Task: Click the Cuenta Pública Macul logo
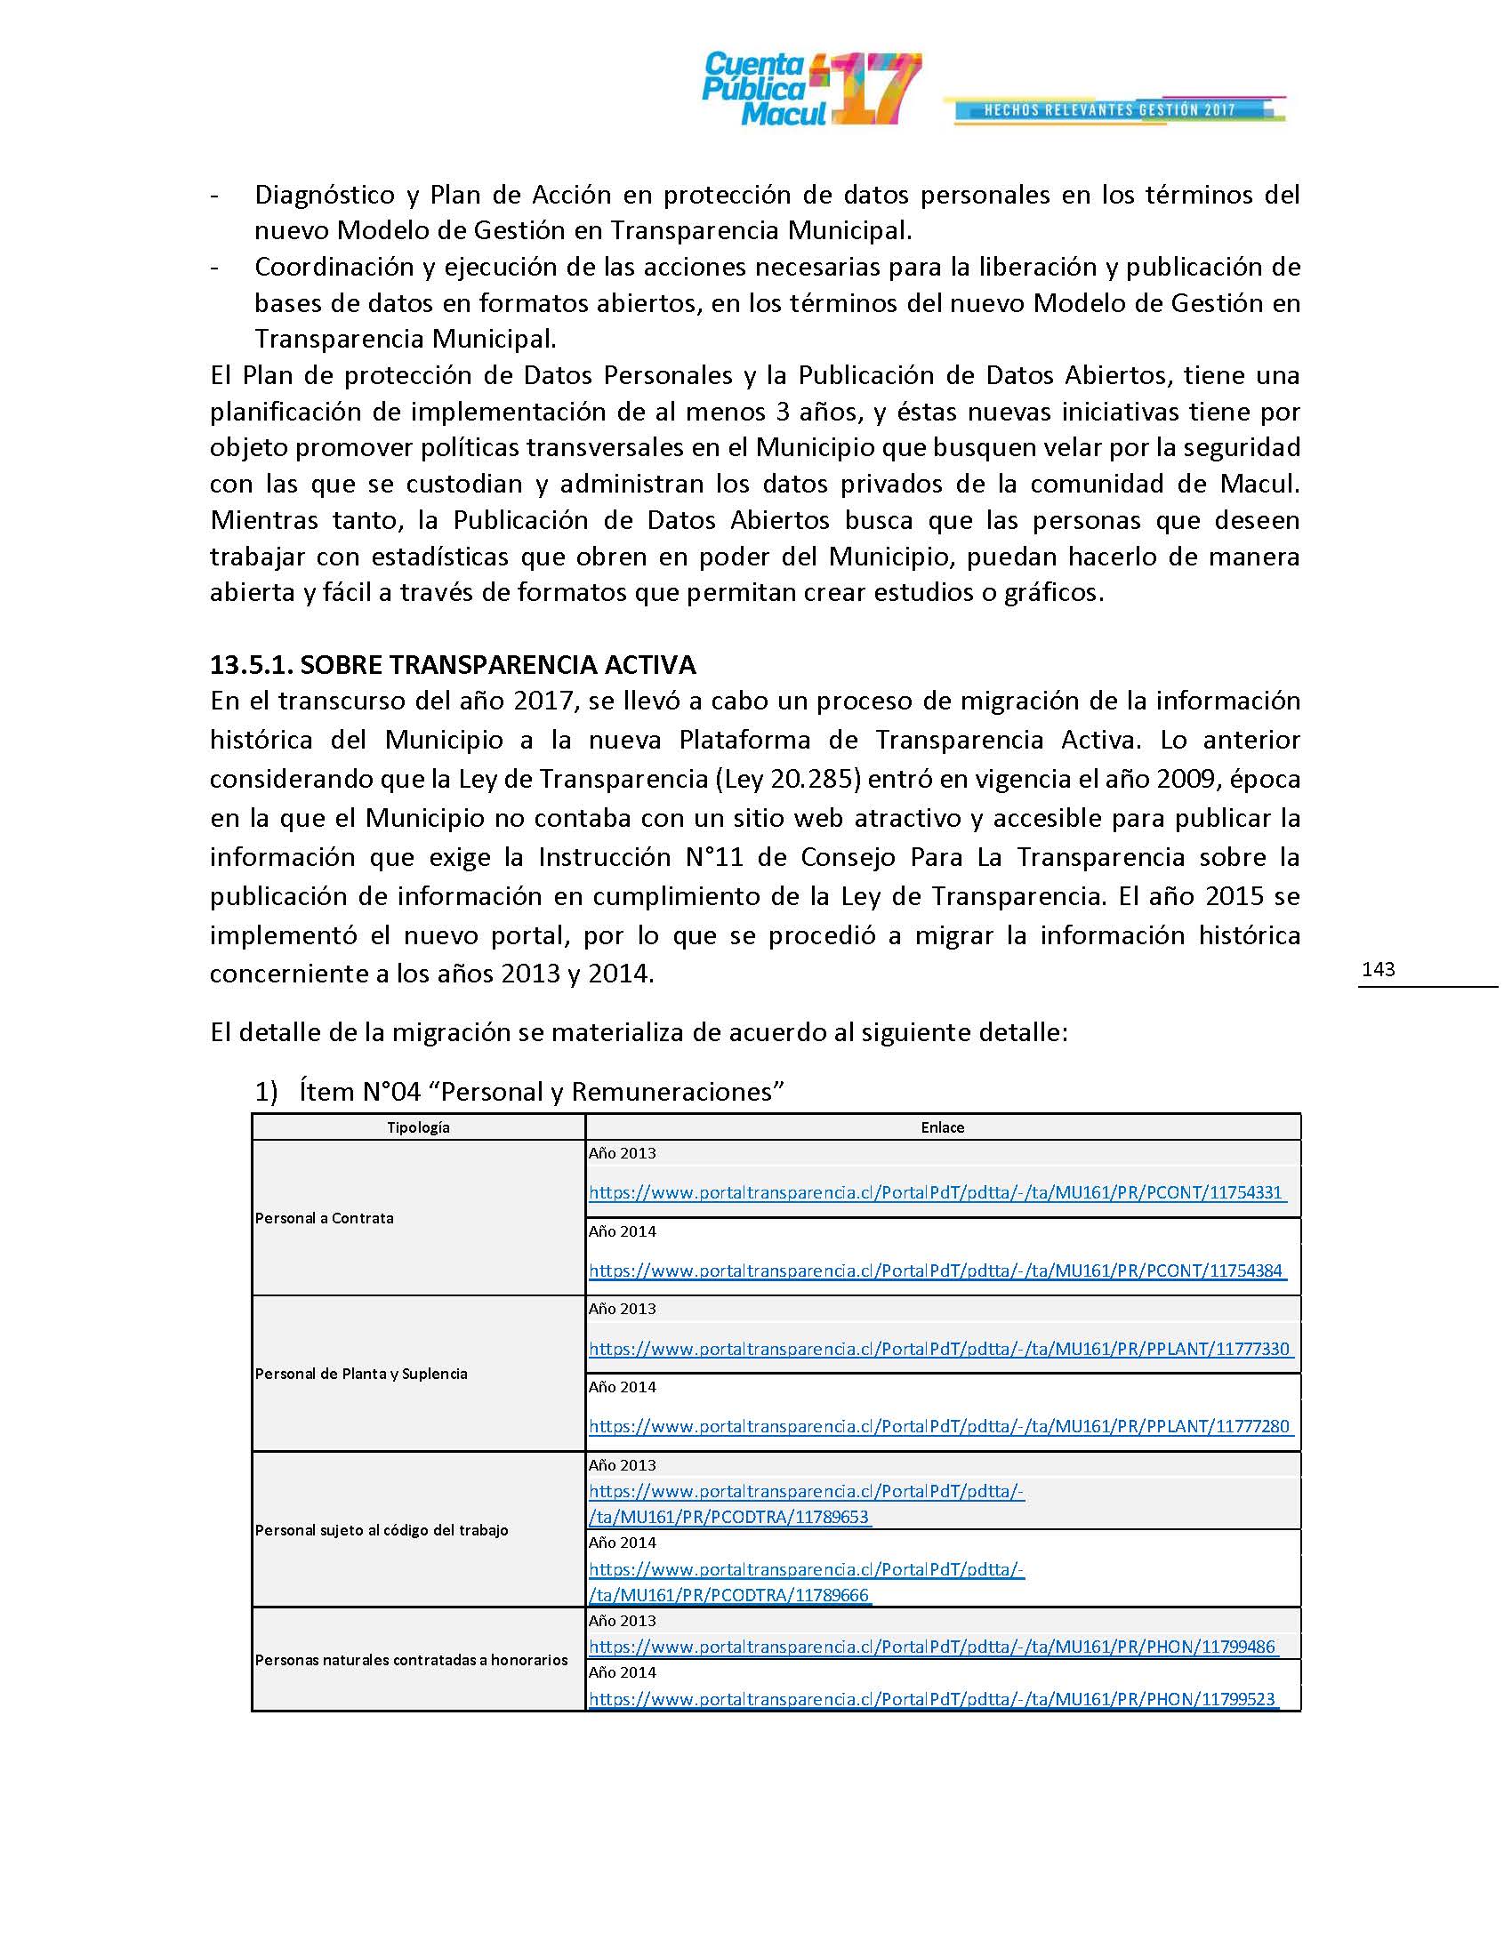[x=810, y=90]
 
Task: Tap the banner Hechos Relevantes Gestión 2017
[x=1110, y=110]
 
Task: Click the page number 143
[x=1378, y=969]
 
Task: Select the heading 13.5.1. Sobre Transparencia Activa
[x=454, y=664]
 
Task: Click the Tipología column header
[x=418, y=1127]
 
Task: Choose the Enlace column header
[x=942, y=1127]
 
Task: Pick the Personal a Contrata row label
[x=326, y=1218]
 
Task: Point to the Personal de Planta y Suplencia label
[x=362, y=1374]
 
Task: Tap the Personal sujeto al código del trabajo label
[x=382, y=1530]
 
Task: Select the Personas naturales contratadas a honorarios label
[x=412, y=1660]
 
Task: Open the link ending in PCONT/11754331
[x=937, y=1193]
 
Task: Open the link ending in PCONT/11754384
[x=937, y=1271]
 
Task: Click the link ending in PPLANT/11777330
[x=940, y=1349]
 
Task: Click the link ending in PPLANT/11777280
[x=940, y=1427]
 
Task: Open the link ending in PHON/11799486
[x=932, y=1647]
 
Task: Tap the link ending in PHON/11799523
[x=932, y=1699]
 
